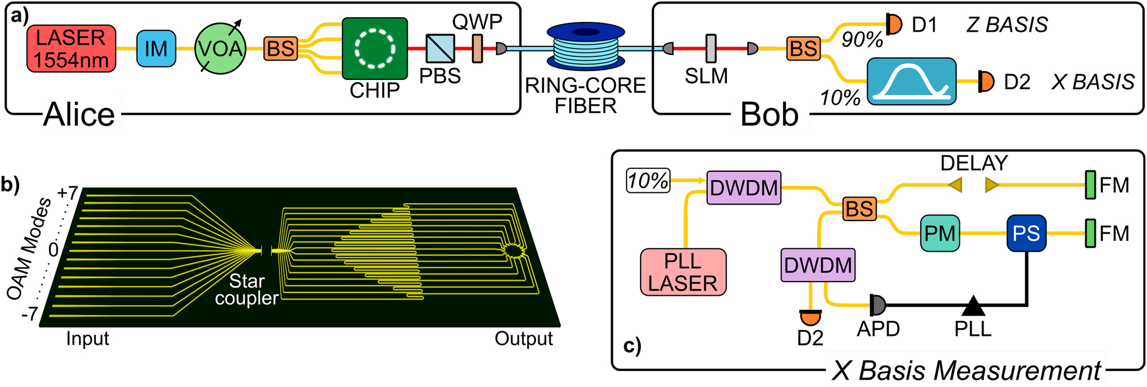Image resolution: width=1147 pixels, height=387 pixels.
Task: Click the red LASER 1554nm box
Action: (x=71, y=49)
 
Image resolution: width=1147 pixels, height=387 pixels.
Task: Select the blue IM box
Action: (x=156, y=49)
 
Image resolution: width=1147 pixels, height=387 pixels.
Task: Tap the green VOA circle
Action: (x=221, y=49)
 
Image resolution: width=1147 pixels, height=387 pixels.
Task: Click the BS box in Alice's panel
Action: (x=281, y=49)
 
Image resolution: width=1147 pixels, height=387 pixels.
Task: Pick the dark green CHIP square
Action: (x=375, y=49)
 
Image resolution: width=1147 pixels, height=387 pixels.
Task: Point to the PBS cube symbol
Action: (x=441, y=49)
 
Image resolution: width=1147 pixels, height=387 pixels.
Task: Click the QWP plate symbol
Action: (x=478, y=49)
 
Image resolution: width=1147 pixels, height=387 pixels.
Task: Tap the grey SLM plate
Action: (x=711, y=49)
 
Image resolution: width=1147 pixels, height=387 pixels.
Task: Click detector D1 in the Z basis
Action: (x=894, y=25)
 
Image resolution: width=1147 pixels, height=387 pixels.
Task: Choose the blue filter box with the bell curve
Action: (x=912, y=81)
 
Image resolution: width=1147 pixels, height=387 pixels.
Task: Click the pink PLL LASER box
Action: (x=683, y=272)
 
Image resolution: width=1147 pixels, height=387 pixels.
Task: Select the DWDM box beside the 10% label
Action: (x=743, y=188)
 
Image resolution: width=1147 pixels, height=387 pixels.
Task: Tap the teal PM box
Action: (x=939, y=233)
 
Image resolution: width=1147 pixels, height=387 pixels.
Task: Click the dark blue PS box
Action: (x=1026, y=233)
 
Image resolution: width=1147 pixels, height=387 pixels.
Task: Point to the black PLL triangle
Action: (x=973, y=306)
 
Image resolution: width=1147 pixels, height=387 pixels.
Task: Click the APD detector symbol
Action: (x=878, y=305)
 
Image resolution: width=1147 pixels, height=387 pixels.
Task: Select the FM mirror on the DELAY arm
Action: (x=1090, y=185)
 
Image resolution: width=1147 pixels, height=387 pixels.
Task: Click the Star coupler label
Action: (x=246, y=289)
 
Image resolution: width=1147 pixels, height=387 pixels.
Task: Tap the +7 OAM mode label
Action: (x=67, y=193)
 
